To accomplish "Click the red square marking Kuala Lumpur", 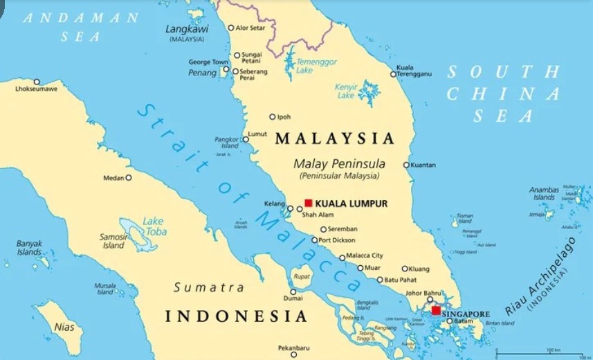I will (309, 204).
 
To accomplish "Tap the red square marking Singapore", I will (436, 311).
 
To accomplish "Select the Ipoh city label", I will (284, 117).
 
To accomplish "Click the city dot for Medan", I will (128, 177).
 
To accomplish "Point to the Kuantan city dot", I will (406, 165).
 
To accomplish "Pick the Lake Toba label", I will (154, 226).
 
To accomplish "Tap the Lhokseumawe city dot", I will (37, 81).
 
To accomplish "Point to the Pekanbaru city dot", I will (293, 354).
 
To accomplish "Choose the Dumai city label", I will (293, 300).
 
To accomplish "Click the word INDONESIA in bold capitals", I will (236, 317).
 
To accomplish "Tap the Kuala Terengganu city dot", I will (393, 74).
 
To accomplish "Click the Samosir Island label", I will (113, 241).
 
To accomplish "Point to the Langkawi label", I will (186, 29).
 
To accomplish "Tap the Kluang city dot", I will (405, 269).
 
